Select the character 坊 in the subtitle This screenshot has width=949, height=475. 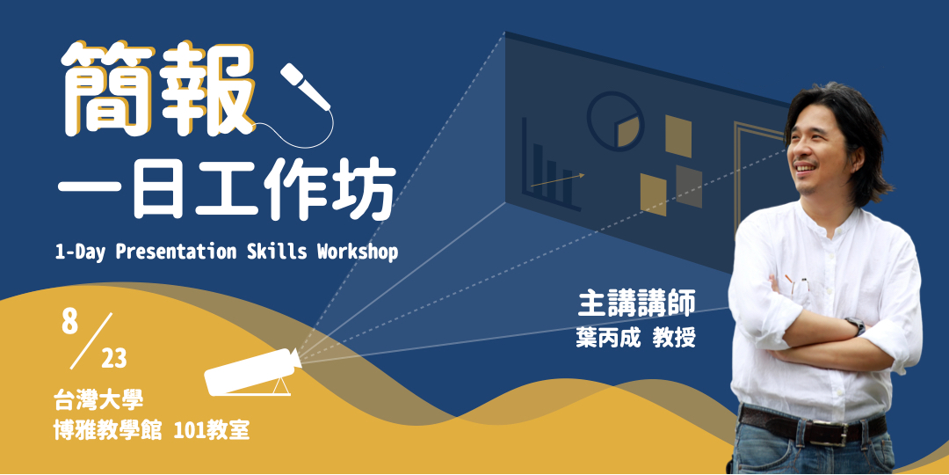(x=364, y=192)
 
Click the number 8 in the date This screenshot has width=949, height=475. (x=70, y=322)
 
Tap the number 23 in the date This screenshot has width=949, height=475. (x=113, y=358)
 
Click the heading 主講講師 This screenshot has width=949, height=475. (x=636, y=303)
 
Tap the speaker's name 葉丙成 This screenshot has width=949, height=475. (x=605, y=338)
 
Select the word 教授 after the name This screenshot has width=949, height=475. (x=674, y=338)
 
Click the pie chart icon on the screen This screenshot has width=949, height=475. (x=615, y=121)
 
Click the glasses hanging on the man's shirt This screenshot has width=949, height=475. (x=801, y=286)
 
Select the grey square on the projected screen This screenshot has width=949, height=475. (x=688, y=186)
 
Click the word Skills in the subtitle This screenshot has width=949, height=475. (x=267, y=252)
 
